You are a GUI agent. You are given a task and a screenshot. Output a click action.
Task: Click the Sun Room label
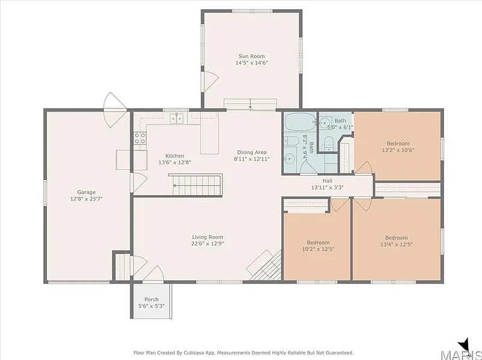251,56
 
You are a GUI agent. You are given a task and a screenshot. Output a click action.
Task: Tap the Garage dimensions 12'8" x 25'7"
86,199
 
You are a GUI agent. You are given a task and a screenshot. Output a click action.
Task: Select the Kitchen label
175,156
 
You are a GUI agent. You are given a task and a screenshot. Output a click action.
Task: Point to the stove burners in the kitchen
140,138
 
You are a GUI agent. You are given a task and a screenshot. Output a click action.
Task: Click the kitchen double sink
177,118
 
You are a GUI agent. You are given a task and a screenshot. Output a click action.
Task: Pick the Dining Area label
252,152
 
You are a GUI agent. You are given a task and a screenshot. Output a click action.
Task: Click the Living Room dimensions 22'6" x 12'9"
207,244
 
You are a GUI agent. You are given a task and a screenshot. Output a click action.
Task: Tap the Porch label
152,299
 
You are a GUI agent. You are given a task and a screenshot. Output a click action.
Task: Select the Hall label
327,181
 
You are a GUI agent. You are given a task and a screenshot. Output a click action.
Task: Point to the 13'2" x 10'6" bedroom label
398,147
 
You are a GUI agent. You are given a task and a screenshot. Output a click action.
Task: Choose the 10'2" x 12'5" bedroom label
318,246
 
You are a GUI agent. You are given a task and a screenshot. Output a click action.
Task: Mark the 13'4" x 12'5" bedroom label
396,241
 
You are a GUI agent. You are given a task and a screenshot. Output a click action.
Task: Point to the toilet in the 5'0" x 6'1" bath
329,144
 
